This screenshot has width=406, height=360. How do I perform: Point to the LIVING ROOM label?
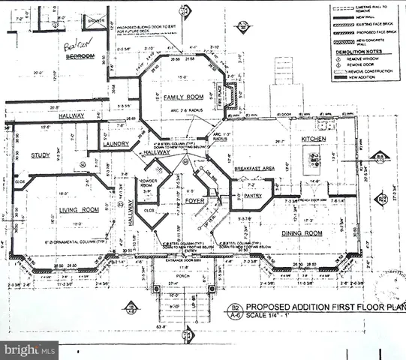point(65,209)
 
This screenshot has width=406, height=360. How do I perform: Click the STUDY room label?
point(40,155)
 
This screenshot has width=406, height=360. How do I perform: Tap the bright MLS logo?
point(29,349)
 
